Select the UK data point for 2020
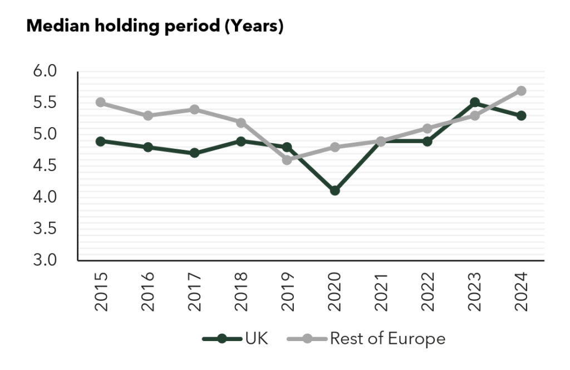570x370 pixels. pyautogui.click(x=335, y=191)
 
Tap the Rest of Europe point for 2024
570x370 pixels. pyautogui.click(x=521, y=90)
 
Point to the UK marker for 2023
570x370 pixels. pyautogui.click(x=475, y=103)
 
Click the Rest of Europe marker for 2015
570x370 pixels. pyautogui.click(x=101, y=103)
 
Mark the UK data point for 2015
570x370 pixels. pyautogui.click(x=101, y=141)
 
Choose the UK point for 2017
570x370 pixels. pyautogui.click(x=194, y=153)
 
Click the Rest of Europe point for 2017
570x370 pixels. pyautogui.click(x=194, y=109)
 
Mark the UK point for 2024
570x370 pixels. pyautogui.click(x=521, y=115)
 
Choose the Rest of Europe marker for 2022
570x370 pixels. pyautogui.click(x=427, y=129)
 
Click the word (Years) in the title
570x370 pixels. pyautogui.click(x=253, y=26)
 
